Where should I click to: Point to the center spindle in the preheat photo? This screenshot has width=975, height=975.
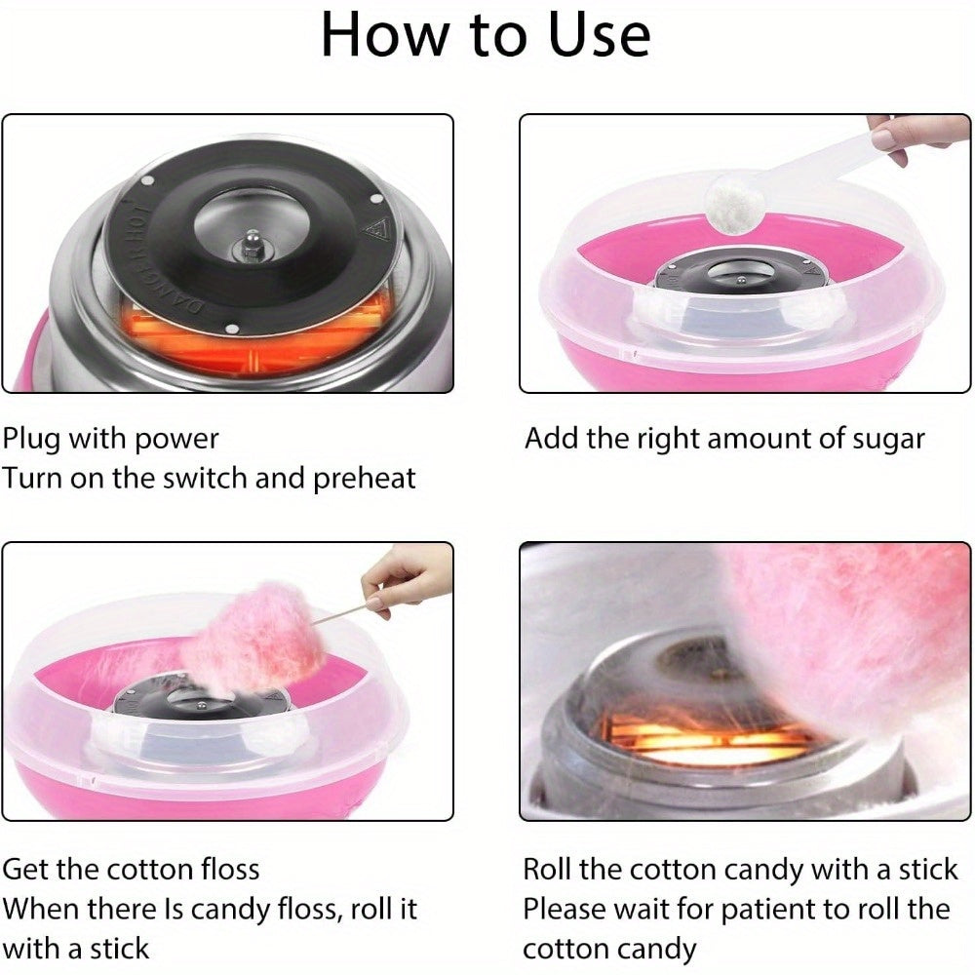(x=253, y=245)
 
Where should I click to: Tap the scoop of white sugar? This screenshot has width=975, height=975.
(x=735, y=204)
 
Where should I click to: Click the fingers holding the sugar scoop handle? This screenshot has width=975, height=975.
(x=913, y=136)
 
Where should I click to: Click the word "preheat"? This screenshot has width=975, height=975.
(x=365, y=479)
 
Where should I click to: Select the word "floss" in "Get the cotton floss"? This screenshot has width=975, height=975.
(x=229, y=870)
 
